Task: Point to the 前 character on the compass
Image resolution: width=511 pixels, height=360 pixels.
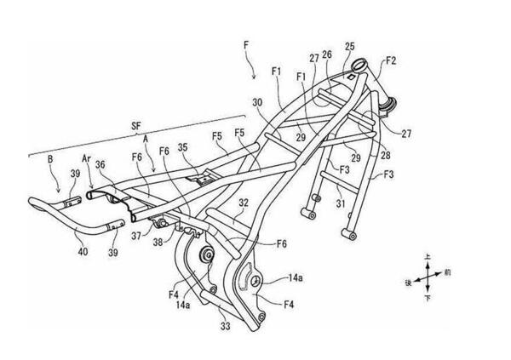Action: (x=448, y=272)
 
